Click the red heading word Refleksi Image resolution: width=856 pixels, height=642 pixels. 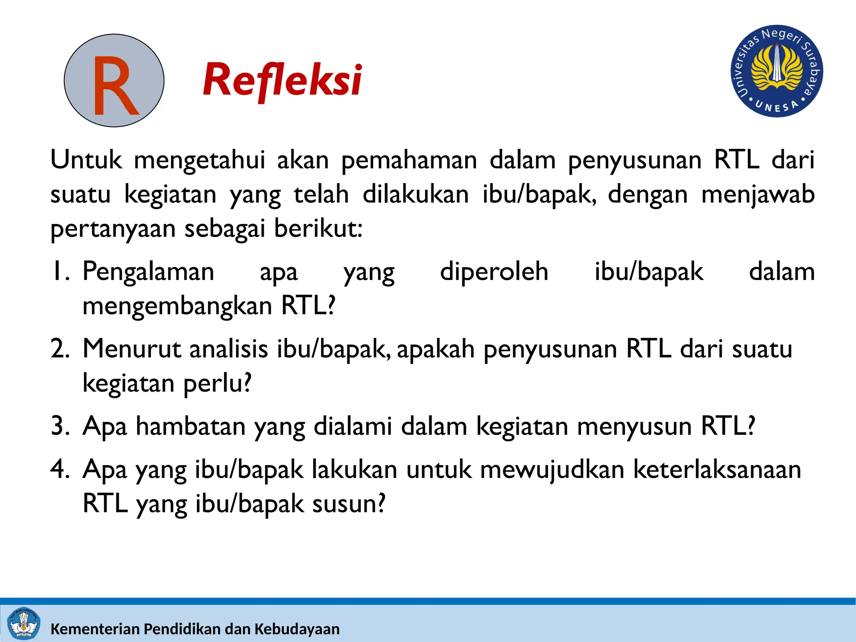coord(283,80)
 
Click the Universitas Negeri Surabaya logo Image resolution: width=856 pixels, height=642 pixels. coord(777,71)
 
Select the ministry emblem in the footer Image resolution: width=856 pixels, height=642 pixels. coord(24,624)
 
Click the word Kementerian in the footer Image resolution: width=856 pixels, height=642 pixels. coord(95,629)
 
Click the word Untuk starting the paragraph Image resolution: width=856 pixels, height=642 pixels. coord(86,160)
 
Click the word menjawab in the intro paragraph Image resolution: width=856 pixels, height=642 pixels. coord(758,195)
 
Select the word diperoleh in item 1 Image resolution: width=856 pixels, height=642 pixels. coord(494,272)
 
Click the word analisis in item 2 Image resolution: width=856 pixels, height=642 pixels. coord(229,349)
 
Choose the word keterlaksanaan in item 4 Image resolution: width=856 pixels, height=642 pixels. coord(717,469)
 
